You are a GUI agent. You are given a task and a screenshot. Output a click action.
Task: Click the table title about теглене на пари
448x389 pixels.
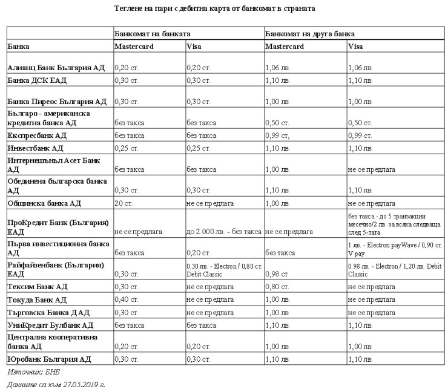[223, 8]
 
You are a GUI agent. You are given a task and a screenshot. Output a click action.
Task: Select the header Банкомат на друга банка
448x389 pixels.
[310, 34]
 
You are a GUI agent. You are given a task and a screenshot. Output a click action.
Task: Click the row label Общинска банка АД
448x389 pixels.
[44, 203]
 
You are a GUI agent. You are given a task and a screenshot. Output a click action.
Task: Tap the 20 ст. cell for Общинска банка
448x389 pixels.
[124, 203]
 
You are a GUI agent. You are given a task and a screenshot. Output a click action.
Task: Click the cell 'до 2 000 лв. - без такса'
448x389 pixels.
[224, 231]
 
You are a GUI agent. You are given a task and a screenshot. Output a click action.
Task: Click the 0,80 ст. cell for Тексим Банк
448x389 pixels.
[277, 287]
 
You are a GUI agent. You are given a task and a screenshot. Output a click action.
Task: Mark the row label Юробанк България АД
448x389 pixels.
[48, 359]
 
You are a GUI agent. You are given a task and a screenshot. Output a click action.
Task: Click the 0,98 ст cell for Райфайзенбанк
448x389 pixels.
[275, 273]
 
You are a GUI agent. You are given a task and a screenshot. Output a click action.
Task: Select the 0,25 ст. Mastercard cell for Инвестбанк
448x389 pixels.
[127, 148]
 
